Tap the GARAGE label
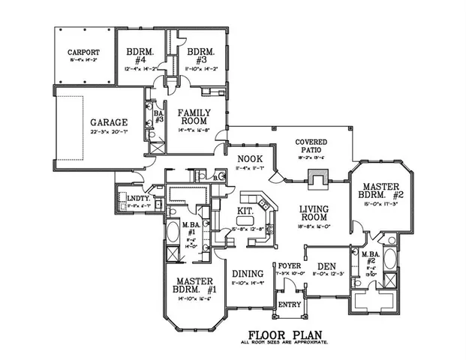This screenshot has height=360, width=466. tap(109, 121)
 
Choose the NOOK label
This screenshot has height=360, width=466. tap(248, 158)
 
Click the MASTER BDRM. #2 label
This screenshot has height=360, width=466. tap(380, 190)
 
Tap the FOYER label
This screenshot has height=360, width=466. tap(289, 265)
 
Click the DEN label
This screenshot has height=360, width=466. tap(326, 265)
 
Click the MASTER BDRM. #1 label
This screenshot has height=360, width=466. tap(185, 285)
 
